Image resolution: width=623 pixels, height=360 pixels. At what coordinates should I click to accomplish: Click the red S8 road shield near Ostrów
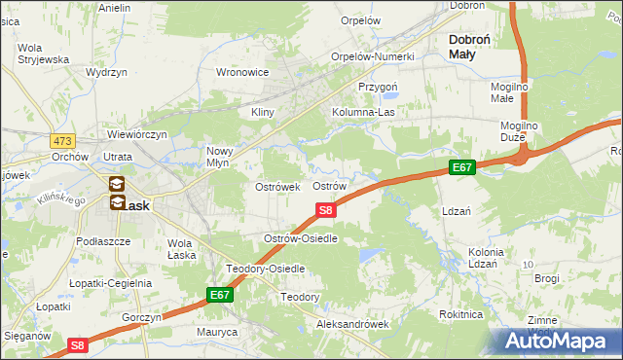pos(327,209)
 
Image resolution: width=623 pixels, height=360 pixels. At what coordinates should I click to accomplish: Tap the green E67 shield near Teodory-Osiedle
pos(221,294)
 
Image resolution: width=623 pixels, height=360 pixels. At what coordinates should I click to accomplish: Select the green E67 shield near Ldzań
pos(461,168)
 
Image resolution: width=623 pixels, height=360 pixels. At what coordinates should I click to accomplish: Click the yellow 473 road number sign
pos(63,141)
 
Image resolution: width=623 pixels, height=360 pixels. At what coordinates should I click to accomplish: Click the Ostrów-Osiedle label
pos(301,238)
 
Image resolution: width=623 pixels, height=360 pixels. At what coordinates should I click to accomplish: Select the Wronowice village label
pos(242,72)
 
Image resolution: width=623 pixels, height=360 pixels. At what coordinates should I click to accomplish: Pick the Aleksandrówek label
pos(352,324)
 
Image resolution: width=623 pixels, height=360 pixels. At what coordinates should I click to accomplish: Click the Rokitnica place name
pos(460,314)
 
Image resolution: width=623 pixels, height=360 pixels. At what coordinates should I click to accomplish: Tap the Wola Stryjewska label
pos(42,54)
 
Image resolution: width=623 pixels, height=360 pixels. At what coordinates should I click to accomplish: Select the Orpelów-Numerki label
pos(373,56)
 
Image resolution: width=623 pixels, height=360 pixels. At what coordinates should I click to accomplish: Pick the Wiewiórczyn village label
pos(138,134)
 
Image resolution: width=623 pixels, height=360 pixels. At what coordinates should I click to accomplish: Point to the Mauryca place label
pos(215,332)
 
